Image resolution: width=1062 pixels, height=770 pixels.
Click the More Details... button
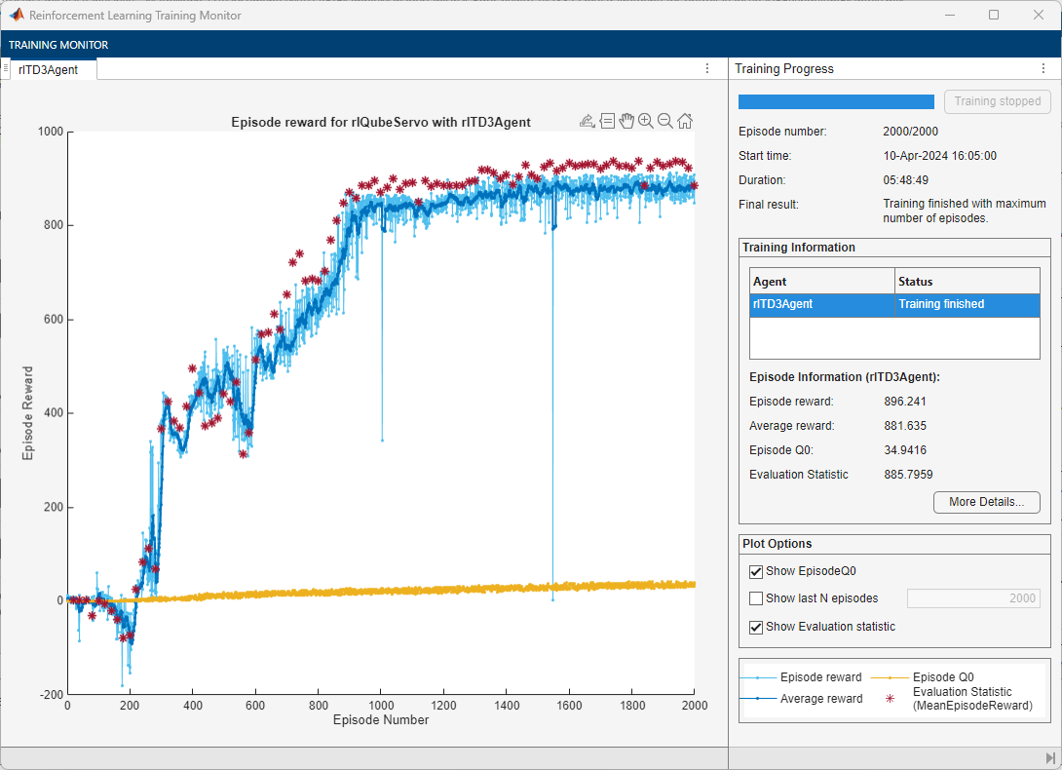[986, 502]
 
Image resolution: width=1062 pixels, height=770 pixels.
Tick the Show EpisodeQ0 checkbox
[756, 571]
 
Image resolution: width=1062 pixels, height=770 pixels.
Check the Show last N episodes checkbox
[756, 598]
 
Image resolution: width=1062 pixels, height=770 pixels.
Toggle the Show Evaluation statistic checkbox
[756, 627]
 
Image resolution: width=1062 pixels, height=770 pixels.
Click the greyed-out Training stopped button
[998, 101]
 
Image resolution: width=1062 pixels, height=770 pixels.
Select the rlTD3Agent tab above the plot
[48, 69]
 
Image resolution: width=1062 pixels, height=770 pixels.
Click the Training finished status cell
[940, 304]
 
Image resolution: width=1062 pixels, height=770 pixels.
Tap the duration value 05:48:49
[906, 180]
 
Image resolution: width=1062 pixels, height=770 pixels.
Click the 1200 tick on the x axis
[443, 705]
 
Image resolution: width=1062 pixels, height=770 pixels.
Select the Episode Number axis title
[380, 720]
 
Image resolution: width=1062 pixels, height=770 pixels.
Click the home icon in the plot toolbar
[685, 121]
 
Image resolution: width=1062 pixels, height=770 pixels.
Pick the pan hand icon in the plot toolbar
[626, 121]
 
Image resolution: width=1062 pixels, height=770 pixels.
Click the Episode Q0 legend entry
[943, 676]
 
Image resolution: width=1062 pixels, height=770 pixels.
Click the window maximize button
[994, 15]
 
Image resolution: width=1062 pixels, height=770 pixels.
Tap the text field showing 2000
[972, 598]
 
